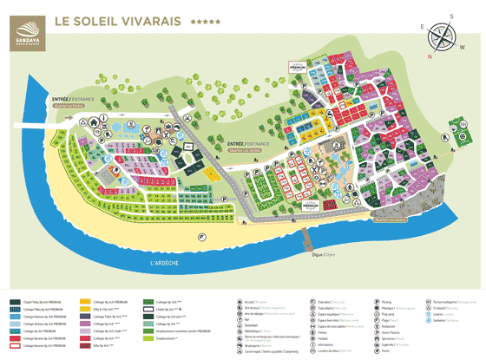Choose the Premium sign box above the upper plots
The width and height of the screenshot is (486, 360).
click(x=297, y=66)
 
